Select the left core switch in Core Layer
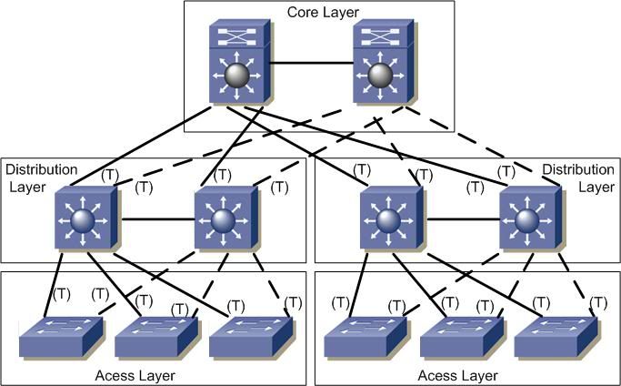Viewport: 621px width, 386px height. pos(236,64)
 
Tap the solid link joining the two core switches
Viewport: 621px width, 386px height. pos(309,64)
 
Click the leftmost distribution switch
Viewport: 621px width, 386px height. pos(83,218)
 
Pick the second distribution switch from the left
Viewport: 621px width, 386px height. pos(223,218)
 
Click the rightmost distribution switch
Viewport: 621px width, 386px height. pos(526,218)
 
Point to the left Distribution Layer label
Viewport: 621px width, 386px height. pos(35,178)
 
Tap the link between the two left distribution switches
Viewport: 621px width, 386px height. pos(153,219)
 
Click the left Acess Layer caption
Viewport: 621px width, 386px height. pos(135,375)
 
